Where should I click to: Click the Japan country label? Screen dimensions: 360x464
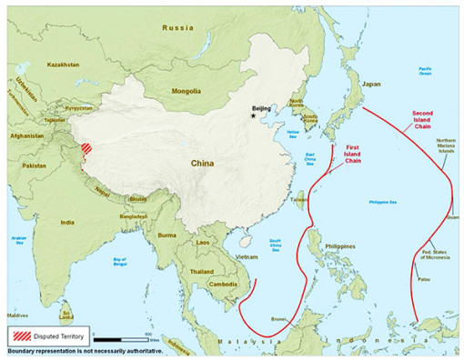click(x=370, y=84)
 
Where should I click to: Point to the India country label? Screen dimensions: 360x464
click(x=67, y=221)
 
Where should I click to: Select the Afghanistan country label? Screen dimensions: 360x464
click(x=27, y=135)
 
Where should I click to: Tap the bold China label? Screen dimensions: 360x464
click(x=203, y=163)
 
